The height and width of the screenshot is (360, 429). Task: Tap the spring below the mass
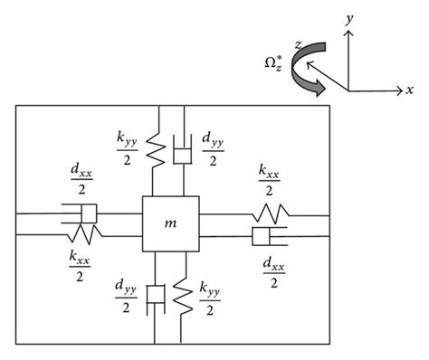pyautogui.click(x=184, y=292)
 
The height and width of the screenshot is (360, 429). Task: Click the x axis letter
pyautogui.click(x=409, y=90)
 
